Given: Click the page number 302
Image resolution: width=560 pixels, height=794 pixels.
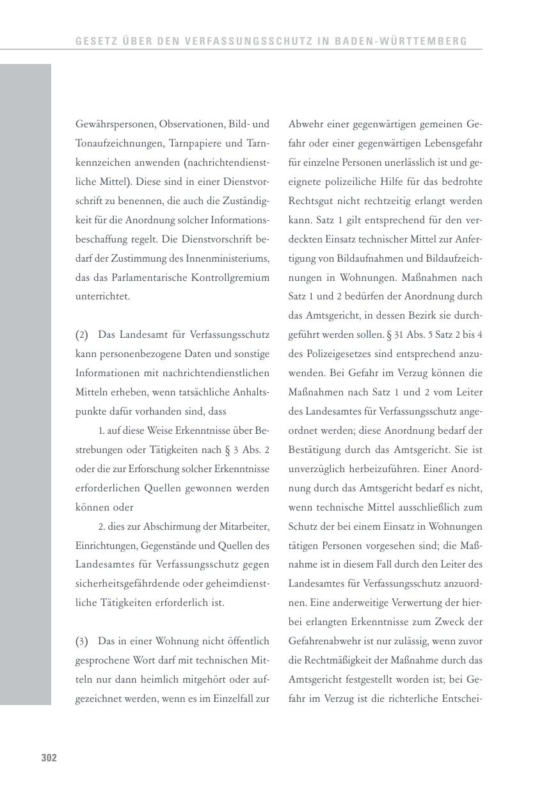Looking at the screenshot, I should pos(49,758).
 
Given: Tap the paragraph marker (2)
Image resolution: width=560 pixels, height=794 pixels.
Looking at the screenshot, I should pos(81,335).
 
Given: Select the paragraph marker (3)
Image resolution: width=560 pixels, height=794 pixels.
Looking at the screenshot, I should pos(81,641).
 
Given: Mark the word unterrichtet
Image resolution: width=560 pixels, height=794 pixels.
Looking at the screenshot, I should pos(102,296).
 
